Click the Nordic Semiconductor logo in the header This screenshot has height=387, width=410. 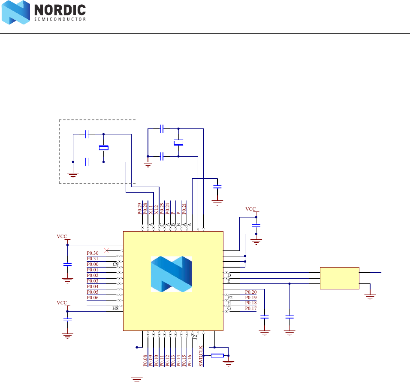tap(44, 13)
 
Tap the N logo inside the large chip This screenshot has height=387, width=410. tap(171, 274)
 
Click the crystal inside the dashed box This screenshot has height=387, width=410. tap(104, 148)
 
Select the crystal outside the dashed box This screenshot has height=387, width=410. tap(178, 142)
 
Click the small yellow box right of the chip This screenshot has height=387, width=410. tap(340, 278)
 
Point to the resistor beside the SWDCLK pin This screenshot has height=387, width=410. tap(217, 355)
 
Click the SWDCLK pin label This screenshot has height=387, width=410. tap(201, 356)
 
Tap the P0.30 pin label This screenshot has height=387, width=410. tap(93, 253)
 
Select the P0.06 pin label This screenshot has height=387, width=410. tap(93, 298)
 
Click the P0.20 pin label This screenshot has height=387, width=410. tap(251, 292)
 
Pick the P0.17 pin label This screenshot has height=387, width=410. tap(251, 308)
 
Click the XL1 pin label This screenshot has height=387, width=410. tap(151, 209)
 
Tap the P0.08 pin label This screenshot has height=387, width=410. tap(145, 360)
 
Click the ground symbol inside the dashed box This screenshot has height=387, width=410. tap(73, 174)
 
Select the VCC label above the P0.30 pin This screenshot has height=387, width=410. tap(62, 236)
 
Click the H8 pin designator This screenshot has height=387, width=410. tap(115, 308)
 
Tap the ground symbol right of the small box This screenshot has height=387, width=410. tap(370, 295)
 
